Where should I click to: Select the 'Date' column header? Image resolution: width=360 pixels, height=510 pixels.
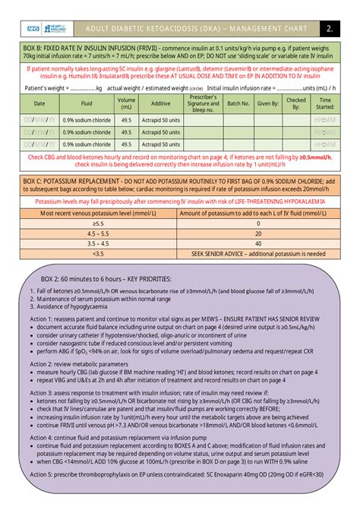[39, 103]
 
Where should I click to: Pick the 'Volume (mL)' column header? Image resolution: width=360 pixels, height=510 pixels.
[126, 103]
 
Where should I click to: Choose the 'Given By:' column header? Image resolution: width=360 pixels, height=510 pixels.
[267, 103]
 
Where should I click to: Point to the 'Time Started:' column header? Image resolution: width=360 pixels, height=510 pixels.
[325, 103]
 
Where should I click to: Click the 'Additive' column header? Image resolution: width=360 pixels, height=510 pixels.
[161, 103]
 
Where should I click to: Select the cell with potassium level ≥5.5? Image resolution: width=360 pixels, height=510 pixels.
[99, 223]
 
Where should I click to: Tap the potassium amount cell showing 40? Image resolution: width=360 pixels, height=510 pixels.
[257, 243]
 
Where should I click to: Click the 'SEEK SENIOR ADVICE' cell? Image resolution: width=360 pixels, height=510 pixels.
[257, 253]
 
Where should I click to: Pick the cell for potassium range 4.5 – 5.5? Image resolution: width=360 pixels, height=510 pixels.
[99, 233]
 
